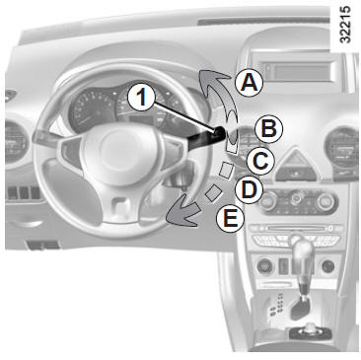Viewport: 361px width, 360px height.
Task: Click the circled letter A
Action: pyautogui.click(x=250, y=83)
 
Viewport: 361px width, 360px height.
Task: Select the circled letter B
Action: pyautogui.click(x=269, y=128)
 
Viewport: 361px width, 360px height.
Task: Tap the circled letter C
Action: pyautogui.click(x=260, y=161)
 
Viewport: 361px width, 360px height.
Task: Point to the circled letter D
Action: pyautogui.click(x=250, y=190)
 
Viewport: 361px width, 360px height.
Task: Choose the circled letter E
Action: pyautogui.click(x=230, y=218)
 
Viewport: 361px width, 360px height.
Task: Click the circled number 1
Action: pyautogui.click(x=141, y=97)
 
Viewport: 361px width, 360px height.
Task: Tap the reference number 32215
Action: pyautogui.click(x=345, y=25)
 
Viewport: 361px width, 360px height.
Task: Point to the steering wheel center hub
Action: pyautogui.click(x=119, y=150)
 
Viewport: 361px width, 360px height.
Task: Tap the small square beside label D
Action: pyautogui.click(x=213, y=192)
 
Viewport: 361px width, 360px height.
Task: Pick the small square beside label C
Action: pyautogui.click(x=226, y=171)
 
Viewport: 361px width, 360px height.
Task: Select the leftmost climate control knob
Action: pyautogui.click(x=268, y=200)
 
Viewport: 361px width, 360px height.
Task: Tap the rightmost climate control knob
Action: pyautogui.click(x=326, y=200)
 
